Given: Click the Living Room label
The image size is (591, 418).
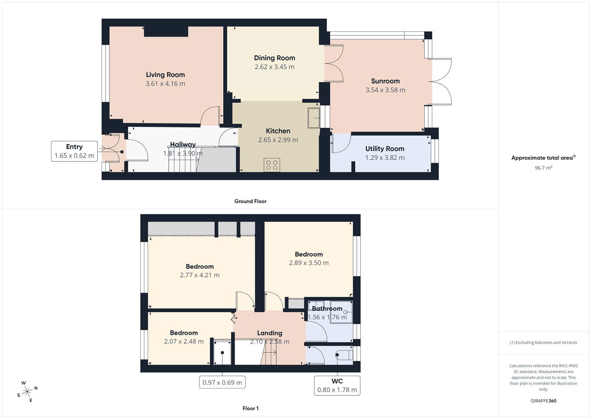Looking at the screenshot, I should point(165,75).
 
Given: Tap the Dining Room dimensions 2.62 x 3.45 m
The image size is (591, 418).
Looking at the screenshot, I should point(274,67).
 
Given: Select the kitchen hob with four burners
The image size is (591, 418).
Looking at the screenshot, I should point(272,165).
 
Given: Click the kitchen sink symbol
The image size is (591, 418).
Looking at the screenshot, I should point(314,118).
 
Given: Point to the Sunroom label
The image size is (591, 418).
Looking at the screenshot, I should point(385,81).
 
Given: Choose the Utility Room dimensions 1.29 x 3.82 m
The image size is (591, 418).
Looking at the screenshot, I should point(385,157).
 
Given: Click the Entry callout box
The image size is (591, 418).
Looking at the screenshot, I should point(74,151).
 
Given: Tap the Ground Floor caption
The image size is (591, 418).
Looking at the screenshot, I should point(250,201).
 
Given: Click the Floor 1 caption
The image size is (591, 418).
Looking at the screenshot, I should point(250,408).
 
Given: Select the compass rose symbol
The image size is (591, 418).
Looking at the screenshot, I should point(27,391).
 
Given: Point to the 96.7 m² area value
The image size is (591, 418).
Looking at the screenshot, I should point(543,168).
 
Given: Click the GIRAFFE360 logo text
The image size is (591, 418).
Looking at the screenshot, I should point(543,401).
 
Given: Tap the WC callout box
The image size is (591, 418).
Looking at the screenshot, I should point(337,385).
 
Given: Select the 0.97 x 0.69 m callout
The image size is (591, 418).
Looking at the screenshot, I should point(222,383).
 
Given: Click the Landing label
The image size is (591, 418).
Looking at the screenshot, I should point(270,333).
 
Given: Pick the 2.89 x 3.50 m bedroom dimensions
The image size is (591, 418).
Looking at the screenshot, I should point(309,263).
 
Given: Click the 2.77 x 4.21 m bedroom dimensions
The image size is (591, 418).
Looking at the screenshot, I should point(200,275).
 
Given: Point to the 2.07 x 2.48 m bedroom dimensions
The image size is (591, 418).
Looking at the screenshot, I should point(184,341).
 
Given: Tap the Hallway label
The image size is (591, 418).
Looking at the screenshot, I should point(183,145).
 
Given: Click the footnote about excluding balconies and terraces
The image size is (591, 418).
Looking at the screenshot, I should point(543,343).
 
